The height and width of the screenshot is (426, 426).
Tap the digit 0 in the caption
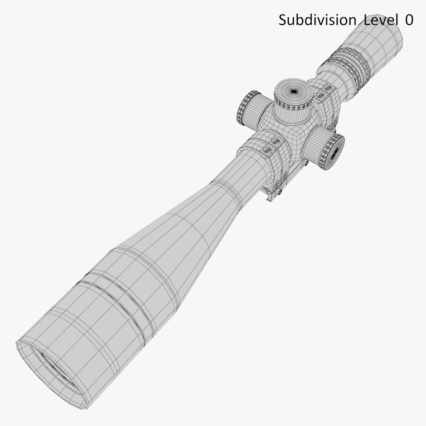click(x=409, y=20)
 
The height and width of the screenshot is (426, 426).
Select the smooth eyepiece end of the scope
click(x=379, y=43)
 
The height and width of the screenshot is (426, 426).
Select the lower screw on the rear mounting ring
click(x=320, y=95)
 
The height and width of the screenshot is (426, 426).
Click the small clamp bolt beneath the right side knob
click(x=305, y=162)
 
